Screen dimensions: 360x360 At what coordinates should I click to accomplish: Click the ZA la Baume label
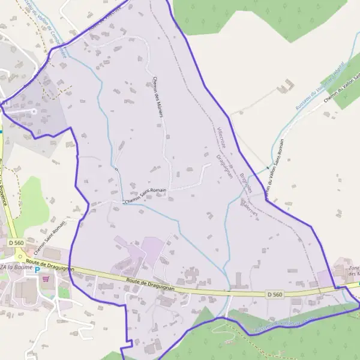pyautogui.click(x=14, y=268)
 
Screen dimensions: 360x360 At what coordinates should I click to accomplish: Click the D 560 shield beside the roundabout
pyautogui.click(x=16, y=242)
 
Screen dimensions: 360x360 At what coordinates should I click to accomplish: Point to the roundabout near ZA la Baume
pyautogui.click(x=20, y=257)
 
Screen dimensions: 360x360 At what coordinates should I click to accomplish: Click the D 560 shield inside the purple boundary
pyautogui.click(x=274, y=295)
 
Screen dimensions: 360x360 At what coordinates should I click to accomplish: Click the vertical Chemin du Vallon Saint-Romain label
pyautogui.click(x=274, y=172)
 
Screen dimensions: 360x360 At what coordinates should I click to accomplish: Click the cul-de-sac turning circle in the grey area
pyautogui.click(x=34, y=111)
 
